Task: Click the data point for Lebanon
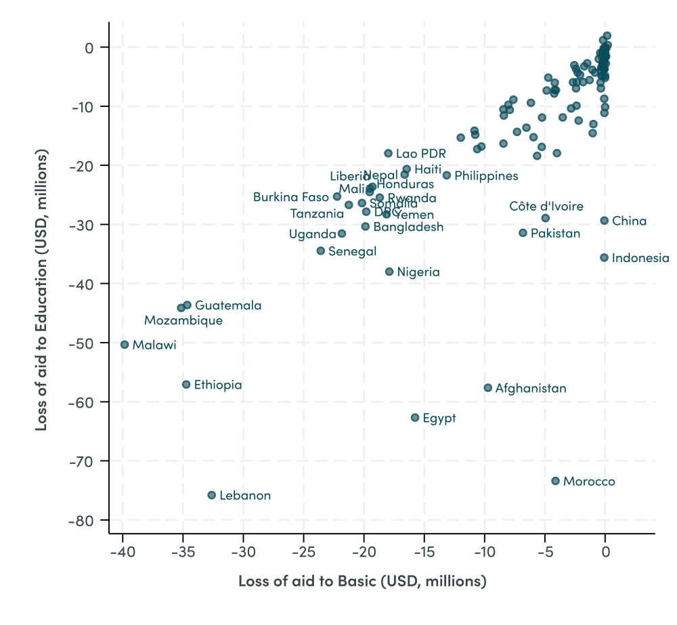pyautogui.click(x=211, y=495)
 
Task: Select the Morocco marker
pyautogui.click(x=555, y=481)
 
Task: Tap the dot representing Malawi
pyautogui.click(x=125, y=345)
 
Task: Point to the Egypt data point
pyautogui.click(x=415, y=418)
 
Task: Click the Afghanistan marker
pyautogui.click(x=487, y=388)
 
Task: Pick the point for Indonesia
pyautogui.click(x=604, y=257)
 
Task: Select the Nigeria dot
pyautogui.click(x=389, y=272)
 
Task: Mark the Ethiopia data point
pyautogui.click(x=186, y=385)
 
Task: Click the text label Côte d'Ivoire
pyautogui.click(x=546, y=207)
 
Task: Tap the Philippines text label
pyautogui.click(x=486, y=176)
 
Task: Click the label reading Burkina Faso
pyautogui.click(x=291, y=197)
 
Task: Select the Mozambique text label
pyautogui.click(x=183, y=320)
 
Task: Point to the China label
pyautogui.click(x=629, y=221)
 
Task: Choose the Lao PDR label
pyautogui.click(x=420, y=154)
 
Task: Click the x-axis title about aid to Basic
pyautogui.click(x=362, y=581)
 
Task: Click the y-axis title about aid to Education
pyautogui.click(x=42, y=291)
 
